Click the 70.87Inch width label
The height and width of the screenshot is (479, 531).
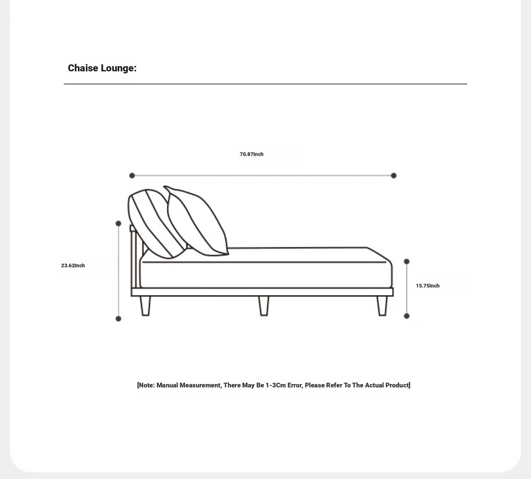[251, 154]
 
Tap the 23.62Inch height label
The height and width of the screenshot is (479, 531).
[73, 265]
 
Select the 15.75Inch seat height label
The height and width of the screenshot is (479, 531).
[427, 286]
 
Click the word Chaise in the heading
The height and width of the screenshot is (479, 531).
[83, 68]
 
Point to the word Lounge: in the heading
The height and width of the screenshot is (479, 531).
[118, 68]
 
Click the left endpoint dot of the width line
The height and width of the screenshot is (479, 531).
[132, 176]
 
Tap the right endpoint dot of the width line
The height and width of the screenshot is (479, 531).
[393, 176]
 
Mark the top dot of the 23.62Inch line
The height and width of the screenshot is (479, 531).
[118, 223]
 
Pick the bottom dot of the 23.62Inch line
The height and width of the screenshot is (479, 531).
[118, 319]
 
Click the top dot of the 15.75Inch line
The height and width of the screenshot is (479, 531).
[407, 261]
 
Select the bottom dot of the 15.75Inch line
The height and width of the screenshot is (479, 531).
[407, 316]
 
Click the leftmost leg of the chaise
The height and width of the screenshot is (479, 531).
[145, 306]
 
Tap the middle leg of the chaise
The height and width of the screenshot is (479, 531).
[263, 306]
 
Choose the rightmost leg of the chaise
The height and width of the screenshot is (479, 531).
[382, 306]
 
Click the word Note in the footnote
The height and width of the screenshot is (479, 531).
[146, 385]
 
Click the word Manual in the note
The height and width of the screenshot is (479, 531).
[167, 385]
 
